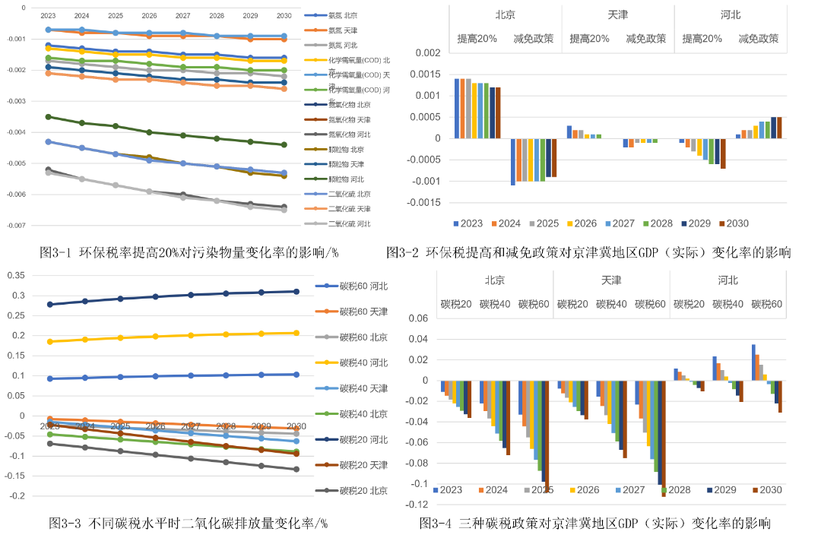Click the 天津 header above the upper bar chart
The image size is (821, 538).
(x=617, y=15)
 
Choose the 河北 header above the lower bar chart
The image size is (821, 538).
(x=727, y=280)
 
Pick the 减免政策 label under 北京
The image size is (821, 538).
(x=534, y=39)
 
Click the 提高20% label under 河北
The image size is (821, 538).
(x=702, y=39)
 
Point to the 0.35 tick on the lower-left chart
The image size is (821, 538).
(x=16, y=275)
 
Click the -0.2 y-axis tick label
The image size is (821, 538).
(x=16, y=495)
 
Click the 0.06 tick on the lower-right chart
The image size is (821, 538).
(x=418, y=319)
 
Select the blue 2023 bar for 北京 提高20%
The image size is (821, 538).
(x=457, y=108)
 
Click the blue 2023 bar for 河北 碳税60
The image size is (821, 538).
(x=753, y=362)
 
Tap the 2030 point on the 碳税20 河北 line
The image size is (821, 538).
(x=295, y=291)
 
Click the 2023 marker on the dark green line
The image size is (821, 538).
(x=48, y=117)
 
